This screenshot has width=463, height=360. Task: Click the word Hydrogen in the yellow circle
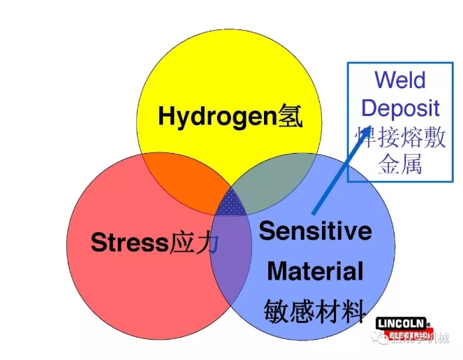click(217, 116)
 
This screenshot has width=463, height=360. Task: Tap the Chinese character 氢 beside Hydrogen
click(291, 115)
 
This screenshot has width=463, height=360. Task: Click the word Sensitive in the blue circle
click(316, 231)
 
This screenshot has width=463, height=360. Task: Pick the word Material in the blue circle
click(315, 271)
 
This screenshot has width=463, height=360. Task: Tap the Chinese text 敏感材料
click(315, 312)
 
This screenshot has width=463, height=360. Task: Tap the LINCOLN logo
click(401, 324)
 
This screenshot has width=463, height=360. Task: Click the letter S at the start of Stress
click(98, 243)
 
